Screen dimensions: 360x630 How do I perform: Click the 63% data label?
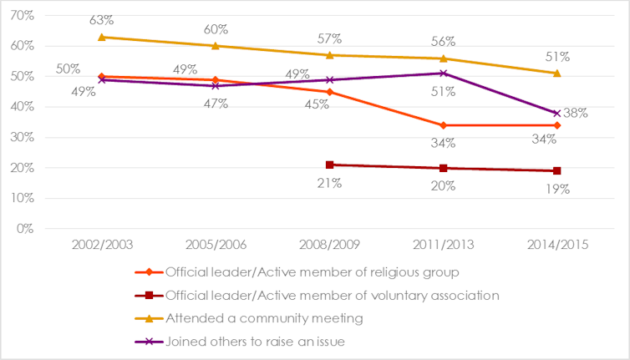coord(102,18)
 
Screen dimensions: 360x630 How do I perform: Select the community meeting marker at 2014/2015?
coord(557,73)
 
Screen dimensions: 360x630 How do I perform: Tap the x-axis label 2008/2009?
coord(329,245)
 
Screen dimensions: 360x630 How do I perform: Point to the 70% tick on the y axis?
coord(22,16)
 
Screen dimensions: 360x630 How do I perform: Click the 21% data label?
coord(329,183)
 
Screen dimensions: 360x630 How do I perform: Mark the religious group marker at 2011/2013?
coord(444,125)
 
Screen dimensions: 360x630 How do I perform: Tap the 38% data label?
coord(576,113)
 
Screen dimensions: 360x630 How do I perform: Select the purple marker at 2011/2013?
coord(444,74)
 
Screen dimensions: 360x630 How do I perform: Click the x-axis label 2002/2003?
coord(101,245)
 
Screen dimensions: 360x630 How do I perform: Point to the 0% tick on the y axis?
coord(25,228)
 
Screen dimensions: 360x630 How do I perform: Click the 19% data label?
coord(557,189)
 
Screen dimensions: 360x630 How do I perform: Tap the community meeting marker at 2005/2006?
coord(216,46)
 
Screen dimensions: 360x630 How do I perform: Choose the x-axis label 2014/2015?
coord(557,245)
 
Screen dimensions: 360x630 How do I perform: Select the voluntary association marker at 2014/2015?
coord(557,170)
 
